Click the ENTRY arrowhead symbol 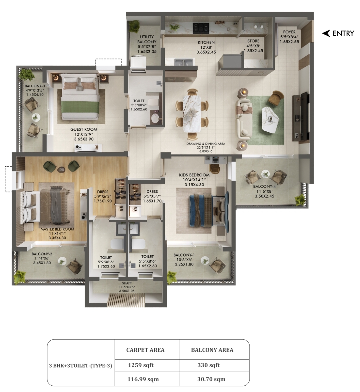click(x=326, y=33)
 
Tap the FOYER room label click(x=289, y=32)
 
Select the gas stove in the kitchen click(x=201, y=27)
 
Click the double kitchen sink click(x=184, y=62)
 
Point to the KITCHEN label click(x=206, y=43)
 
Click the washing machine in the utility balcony click(x=138, y=62)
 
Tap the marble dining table click(x=192, y=114)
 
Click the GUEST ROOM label click(x=84, y=129)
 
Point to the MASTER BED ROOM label click(x=57, y=229)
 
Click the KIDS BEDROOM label click(x=194, y=175)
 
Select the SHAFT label click(x=127, y=283)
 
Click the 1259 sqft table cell click(x=141, y=365)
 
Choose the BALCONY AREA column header click(x=212, y=350)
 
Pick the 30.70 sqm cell click(x=211, y=379)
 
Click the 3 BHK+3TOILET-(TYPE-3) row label click(x=81, y=365)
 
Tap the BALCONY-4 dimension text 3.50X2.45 click(x=264, y=196)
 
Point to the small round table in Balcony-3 click(x=36, y=118)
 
